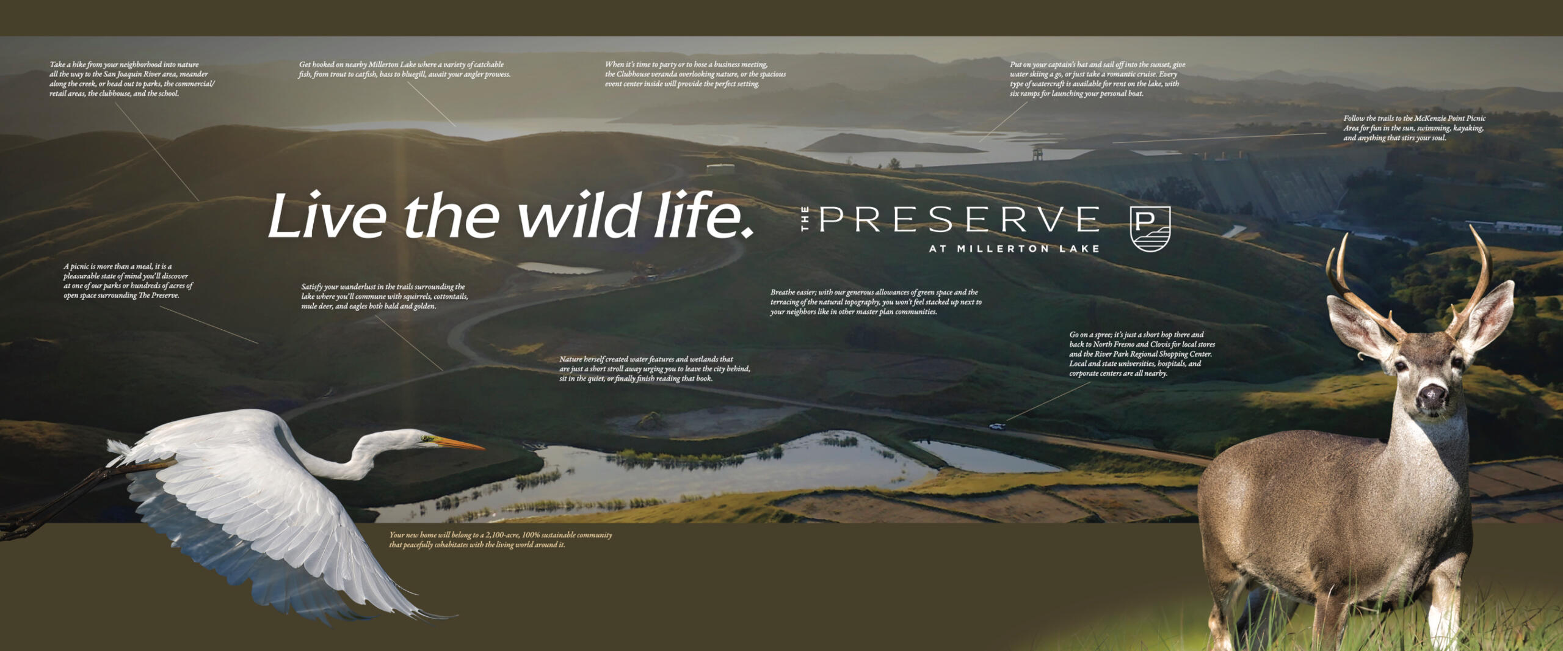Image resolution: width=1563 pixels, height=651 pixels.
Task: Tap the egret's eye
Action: click(x=424, y=437)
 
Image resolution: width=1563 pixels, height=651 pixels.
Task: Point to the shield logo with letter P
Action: click(x=1150, y=228)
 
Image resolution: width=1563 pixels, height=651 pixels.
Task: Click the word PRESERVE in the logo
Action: click(x=959, y=219)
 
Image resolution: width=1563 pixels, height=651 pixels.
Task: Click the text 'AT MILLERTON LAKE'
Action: click(x=1014, y=249)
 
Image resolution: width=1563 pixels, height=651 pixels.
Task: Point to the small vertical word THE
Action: click(x=805, y=219)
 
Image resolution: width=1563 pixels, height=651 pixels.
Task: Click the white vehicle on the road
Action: click(x=997, y=426)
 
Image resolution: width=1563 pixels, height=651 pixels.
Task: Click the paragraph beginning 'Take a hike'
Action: click(x=132, y=79)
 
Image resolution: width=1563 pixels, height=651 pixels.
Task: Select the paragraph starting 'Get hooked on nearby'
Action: click(x=404, y=69)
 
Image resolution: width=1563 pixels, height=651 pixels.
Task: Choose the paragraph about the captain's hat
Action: click(x=1097, y=79)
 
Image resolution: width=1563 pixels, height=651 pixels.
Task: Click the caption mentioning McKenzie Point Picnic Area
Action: click(x=1414, y=128)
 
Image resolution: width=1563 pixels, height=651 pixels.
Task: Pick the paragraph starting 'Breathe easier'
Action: click(x=876, y=302)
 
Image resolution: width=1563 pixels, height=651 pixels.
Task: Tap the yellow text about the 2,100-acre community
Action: click(x=501, y=540)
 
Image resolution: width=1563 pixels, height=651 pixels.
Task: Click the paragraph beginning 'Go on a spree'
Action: click(x=1142, y=354)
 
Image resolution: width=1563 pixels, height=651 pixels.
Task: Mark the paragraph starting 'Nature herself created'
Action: click(x=655, y=369)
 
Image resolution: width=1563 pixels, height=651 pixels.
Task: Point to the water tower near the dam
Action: click(x=1037, y=153)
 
